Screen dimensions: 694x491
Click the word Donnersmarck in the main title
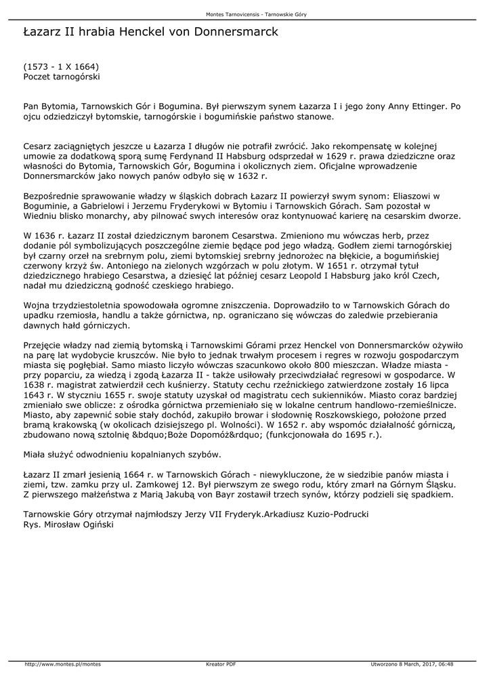click(x=236, y=32)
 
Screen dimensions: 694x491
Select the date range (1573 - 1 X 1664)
click(x=62, y=67)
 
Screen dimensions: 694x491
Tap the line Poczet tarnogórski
click(x=62, y=77)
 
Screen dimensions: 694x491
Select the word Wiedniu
click(x=40, y=216)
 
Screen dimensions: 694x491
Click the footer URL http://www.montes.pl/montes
click(x=62, y=664)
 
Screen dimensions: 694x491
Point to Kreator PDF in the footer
click(x=221, y=664)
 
